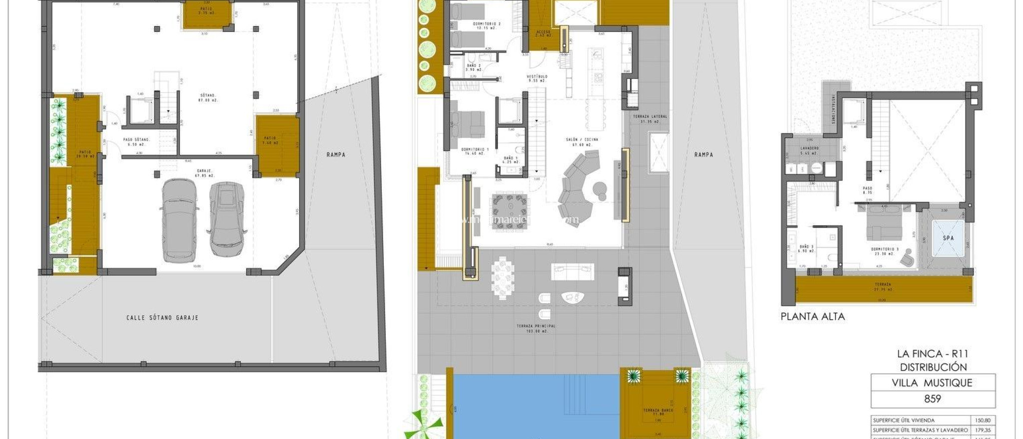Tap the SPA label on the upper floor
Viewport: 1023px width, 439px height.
point(948,238)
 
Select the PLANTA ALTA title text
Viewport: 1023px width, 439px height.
point(813,316)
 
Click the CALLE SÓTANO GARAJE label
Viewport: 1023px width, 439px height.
point(162,317)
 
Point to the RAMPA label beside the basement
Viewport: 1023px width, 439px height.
point(336,155)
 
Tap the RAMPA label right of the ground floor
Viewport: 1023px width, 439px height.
point(703,155)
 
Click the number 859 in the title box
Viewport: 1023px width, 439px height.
point(933,399)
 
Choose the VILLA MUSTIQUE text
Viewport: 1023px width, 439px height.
point(932,383)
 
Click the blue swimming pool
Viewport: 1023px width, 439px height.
point(534,404)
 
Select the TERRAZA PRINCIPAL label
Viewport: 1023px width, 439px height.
point(536,326)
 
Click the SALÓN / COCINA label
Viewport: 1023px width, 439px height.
point(581,140)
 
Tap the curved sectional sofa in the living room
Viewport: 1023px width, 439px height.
point(577,187)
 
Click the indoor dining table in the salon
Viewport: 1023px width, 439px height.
point(510,212)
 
